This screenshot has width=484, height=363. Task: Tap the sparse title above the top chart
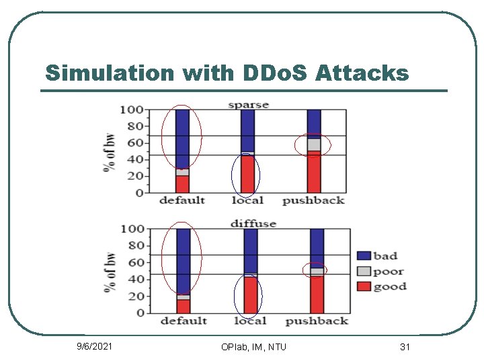pyautogui.click(x=248, y=104)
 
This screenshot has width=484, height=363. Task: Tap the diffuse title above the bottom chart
pyautogui.click(x=253, y=223)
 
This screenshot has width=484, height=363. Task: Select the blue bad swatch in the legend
pyautogui.click(x=364, y=255)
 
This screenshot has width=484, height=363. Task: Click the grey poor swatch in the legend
pyautogui.click(x=364, y=271)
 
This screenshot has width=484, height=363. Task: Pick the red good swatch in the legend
pyautogui.click(x=364, y=286)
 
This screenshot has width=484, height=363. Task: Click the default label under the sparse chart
pyautogui.click(x=182, y=200)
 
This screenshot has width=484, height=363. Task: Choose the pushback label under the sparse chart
pyautogui.click(x=313, y=200)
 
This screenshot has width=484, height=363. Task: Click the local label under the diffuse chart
pyautogui.click(x=250, y=321)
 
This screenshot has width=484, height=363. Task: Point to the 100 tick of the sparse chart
pyautogui.click(x=131, y=110)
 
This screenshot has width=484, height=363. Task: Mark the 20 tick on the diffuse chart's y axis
pyautogui.click(x=136, y=296)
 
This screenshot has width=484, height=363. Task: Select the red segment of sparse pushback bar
pyautogui.click(x=314, y=172)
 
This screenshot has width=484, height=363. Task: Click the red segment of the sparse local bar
pyautogui.click(x=248, y=174)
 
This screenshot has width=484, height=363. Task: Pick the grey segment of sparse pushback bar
pyautogui.click(x=314, y=144)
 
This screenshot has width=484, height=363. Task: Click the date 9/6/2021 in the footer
pyautogui.click(x=93, y=347)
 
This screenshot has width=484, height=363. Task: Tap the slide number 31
pyautogui.click(x=405, y=347)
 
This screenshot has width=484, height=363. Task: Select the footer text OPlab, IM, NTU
pyautogui.click(x=253, y=347)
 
